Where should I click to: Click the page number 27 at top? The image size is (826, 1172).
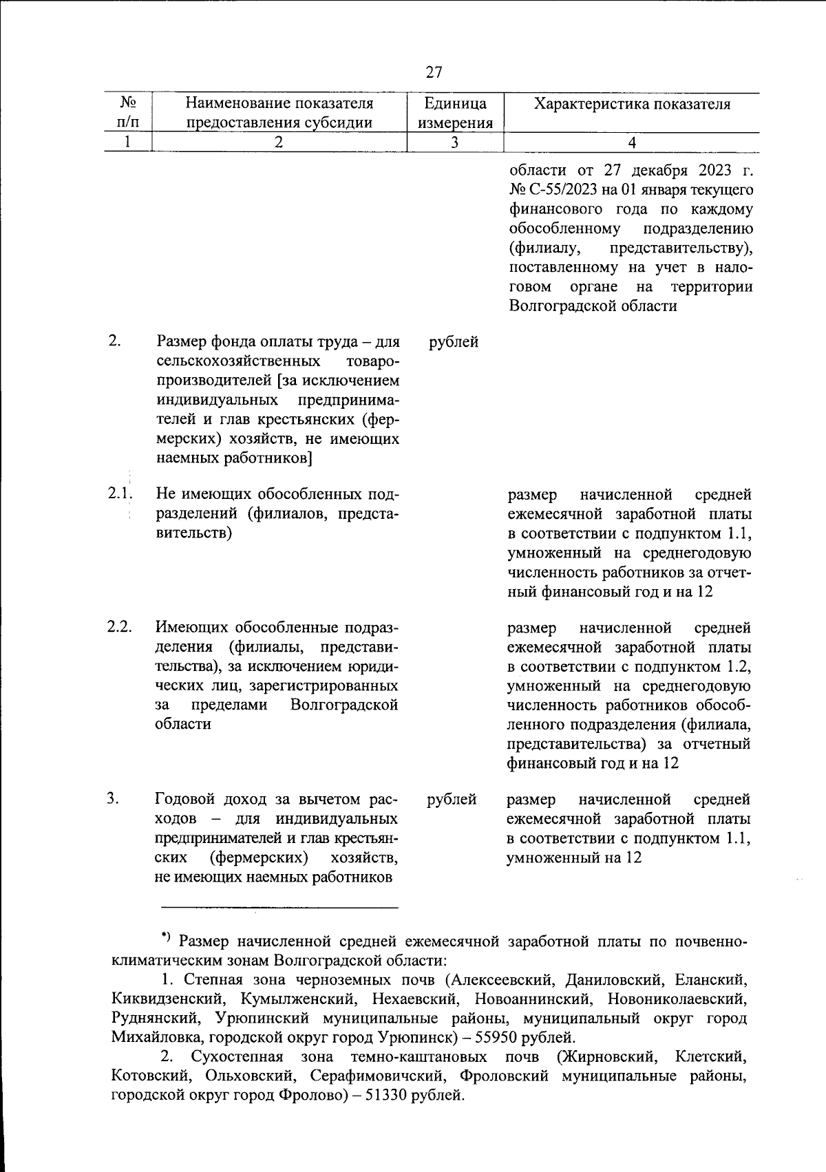[x=434, y=72]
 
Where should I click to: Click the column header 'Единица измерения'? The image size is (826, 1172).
[x=455, y=113]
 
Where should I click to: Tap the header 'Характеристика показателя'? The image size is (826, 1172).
[x=632, y=104]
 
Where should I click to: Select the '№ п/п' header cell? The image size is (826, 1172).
[x=127, y=113]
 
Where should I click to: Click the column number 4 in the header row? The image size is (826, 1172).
[x=632, y=142]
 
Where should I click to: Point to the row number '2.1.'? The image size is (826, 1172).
[x=118, y=493]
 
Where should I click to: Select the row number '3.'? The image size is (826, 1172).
[x=113, y=798]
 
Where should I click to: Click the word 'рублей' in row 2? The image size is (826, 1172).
[x=454, y=341]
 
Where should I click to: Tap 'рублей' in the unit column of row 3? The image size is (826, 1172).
[x=452, y=799]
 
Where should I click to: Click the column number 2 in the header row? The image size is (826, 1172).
[x=279, y=142]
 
